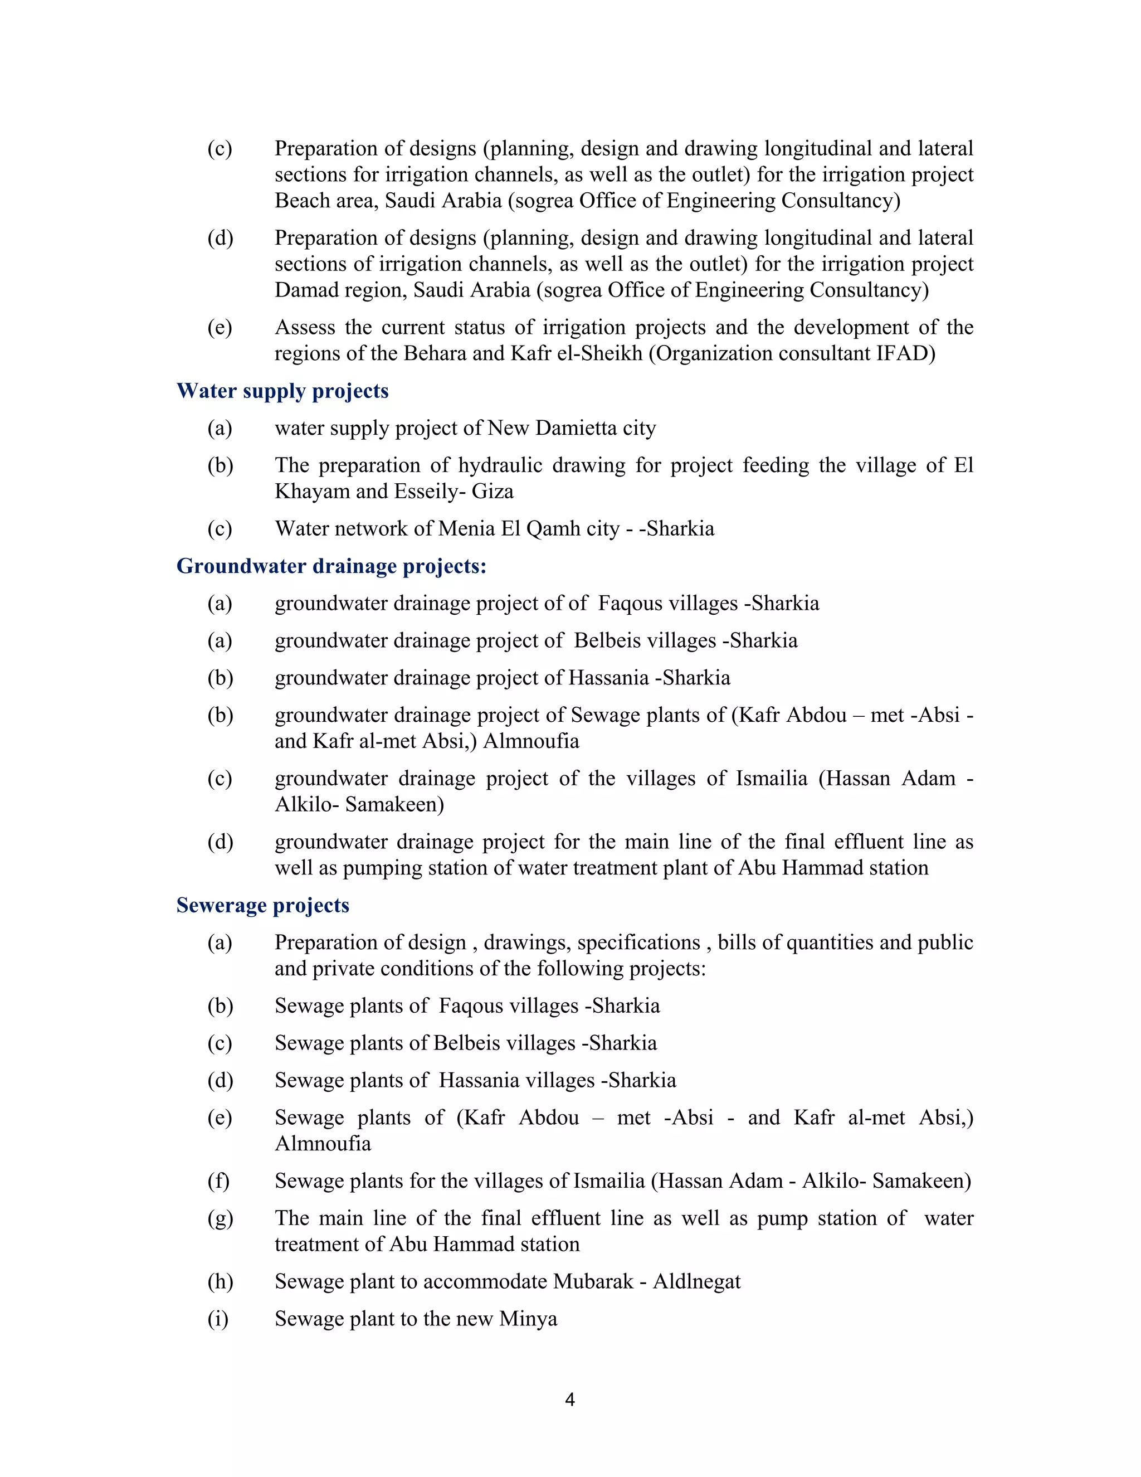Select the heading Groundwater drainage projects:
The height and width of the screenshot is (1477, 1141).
coord(331,566)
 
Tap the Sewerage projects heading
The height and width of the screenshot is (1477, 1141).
coord(262,906)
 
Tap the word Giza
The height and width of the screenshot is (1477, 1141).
coord(492,492)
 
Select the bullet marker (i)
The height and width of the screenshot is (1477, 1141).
coord(218,1319)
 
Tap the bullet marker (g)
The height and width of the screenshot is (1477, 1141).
coord(220,1218)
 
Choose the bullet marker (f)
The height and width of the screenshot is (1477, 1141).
coord(218,1182)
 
